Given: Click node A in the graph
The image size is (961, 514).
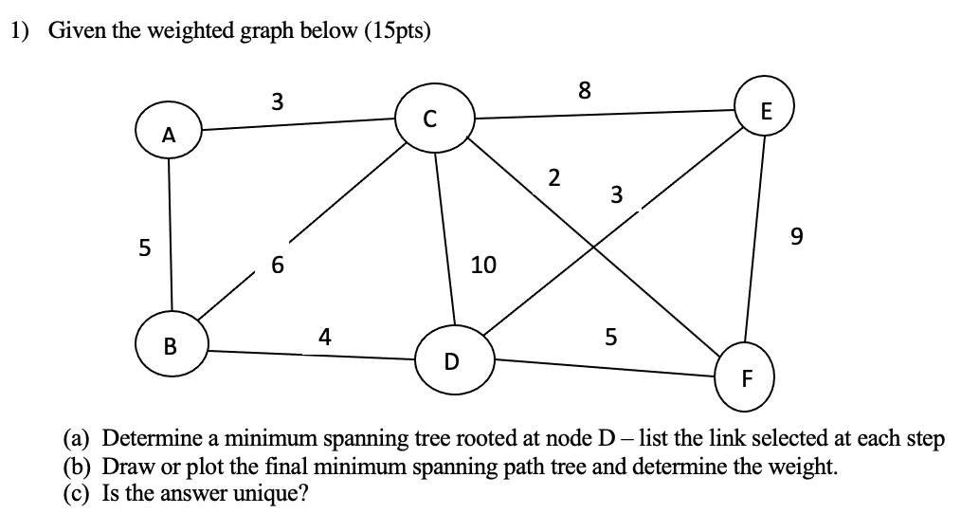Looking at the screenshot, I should point(168,135).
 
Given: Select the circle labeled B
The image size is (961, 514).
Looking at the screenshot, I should point(171,345).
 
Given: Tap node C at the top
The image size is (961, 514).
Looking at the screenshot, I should point(432,118).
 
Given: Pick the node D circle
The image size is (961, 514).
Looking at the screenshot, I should point(451,360).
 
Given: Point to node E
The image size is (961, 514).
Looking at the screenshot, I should point(768,111).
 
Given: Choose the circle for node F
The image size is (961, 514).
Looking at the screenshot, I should point(747,380).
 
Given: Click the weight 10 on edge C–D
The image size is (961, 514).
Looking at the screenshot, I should point(483,266).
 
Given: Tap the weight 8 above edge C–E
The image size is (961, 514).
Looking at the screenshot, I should point(584,91).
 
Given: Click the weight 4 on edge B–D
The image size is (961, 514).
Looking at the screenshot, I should point(325,337).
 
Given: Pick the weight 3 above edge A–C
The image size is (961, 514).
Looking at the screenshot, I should point(276,100).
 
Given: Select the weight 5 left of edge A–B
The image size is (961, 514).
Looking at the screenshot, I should point(144,249).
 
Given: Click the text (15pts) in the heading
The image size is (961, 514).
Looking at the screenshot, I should point(392,31).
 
